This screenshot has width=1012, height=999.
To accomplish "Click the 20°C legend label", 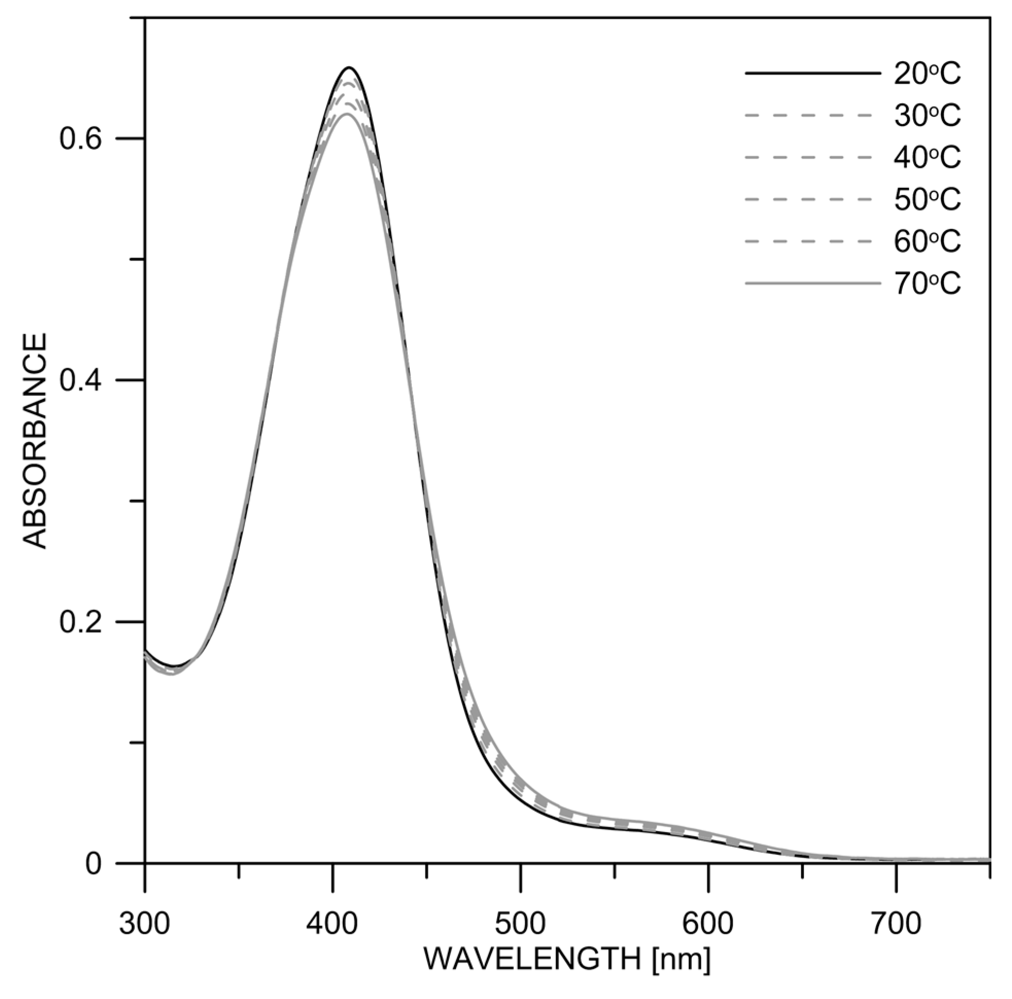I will [927, 75].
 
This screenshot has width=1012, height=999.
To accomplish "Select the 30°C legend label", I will [927, 116].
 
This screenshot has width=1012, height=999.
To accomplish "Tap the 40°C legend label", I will [927, 157].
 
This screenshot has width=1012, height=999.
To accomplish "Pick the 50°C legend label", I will [927, 199].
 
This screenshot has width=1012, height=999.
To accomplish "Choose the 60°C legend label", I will [927, 241].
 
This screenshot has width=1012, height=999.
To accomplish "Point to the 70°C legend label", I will [927, 284].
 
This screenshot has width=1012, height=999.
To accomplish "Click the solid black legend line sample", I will [812, 75].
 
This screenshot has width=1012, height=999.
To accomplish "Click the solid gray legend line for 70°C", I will [812, 284].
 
